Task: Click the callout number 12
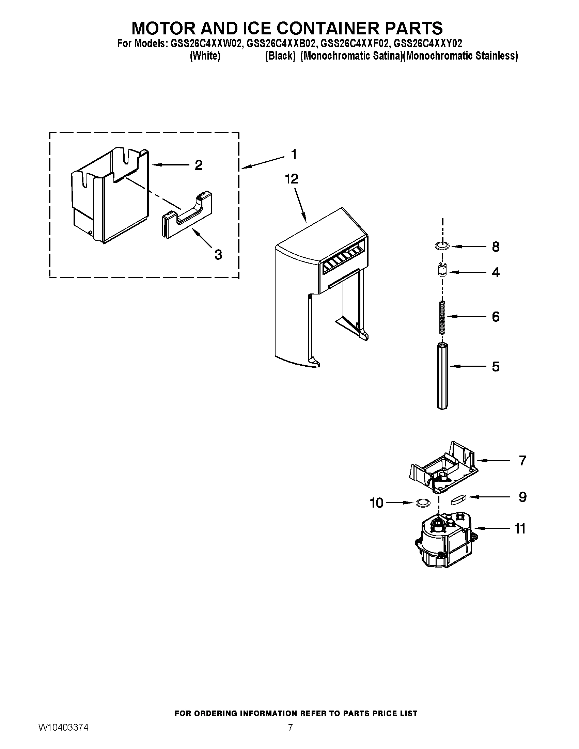291,179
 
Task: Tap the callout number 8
496,247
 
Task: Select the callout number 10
376,503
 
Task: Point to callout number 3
218,254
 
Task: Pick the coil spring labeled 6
442,317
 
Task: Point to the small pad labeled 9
457,499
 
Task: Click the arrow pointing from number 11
490,528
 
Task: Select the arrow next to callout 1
262,162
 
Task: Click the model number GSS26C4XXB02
280,44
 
